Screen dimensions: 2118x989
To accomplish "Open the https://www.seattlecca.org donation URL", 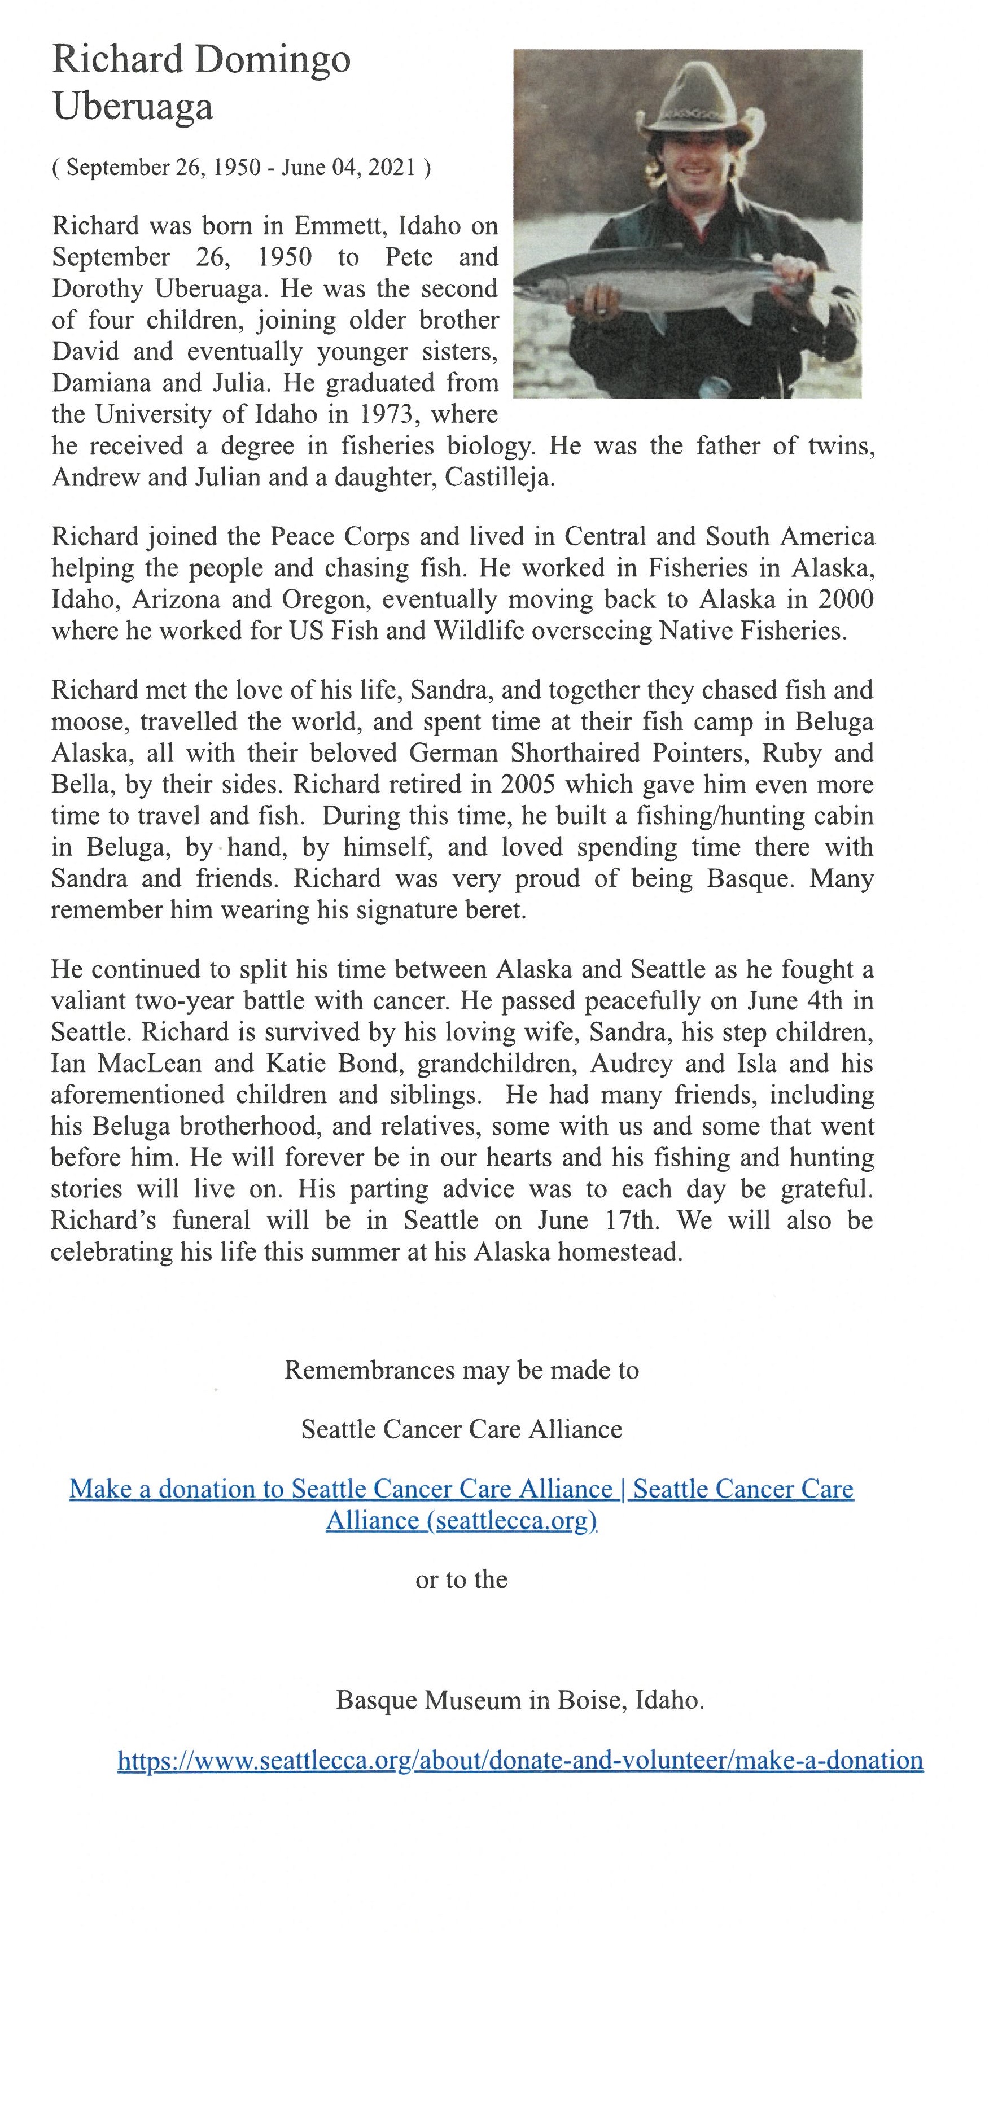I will (x=519, y=1760).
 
